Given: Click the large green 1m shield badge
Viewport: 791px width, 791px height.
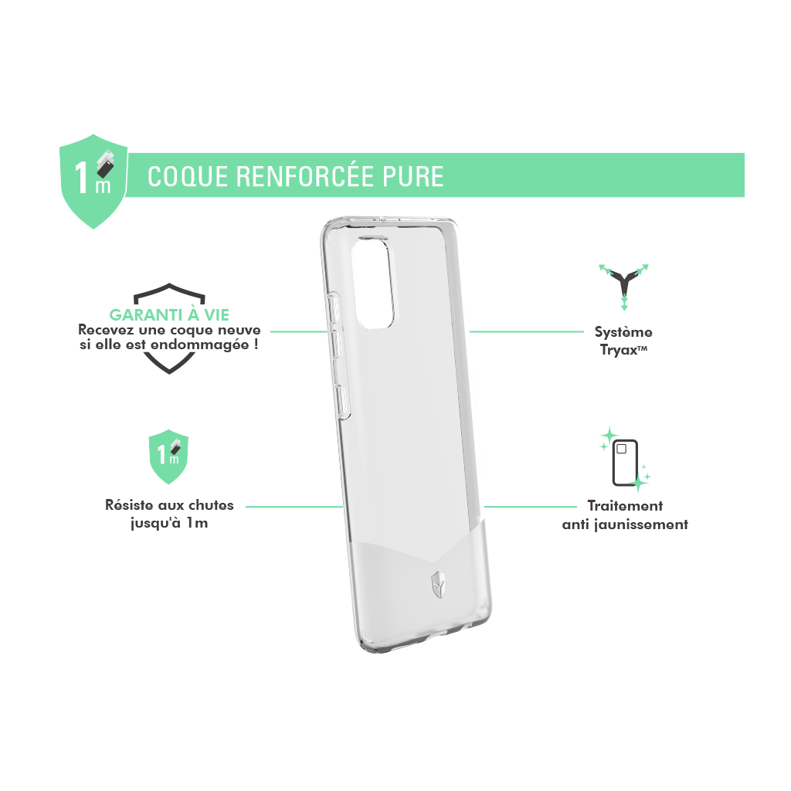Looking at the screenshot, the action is (x=93, y=181).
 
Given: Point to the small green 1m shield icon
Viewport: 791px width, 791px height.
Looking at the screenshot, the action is (x=168, y=457).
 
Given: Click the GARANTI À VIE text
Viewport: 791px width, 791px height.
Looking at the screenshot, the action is (x=169, y=315).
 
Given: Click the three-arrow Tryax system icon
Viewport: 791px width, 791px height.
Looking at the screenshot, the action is (x=624, y=286).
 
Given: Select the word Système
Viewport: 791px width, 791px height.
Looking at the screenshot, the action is (x=623, y=332).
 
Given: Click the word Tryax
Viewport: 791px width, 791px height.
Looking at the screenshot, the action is (x=619, y=350).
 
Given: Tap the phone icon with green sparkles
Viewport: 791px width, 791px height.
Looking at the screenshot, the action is (x=624, y=460).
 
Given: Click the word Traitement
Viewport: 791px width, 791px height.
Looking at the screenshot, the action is (x=625, y=505).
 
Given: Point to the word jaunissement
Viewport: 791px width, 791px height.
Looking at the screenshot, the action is (x=640, y=525).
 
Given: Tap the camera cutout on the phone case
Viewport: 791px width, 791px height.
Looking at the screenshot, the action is (x=374, y=283).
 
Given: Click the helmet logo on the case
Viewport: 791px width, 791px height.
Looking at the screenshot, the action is (x=438, y=585).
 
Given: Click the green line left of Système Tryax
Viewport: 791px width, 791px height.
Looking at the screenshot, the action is (x=527, y=332).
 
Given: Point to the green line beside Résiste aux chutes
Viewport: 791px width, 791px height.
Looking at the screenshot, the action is (x=294, y=507).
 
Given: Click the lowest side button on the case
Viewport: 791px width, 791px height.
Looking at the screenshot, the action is (x=343, y=402).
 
